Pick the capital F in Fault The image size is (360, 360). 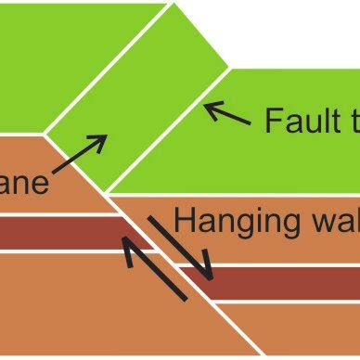(x=272, y=121)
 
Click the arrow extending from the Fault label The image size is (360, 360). (x=227, y=115)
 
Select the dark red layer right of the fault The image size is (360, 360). (x=278, y=282)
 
